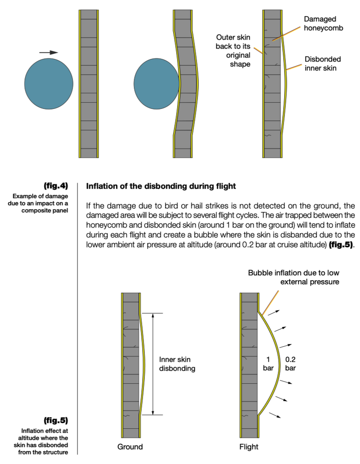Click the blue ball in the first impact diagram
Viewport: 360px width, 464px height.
[49, 84]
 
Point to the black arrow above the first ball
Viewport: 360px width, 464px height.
[49, 53]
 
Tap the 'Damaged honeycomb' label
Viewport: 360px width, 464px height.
[320, 24]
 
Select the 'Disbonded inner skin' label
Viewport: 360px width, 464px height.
[323, 63]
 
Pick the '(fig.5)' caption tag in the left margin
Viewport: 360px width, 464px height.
[56, 420]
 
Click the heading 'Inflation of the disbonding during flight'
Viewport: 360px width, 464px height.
[161, 186]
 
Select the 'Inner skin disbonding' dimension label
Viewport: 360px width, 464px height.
[177, 364]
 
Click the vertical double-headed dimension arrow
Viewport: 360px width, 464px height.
[153, 364]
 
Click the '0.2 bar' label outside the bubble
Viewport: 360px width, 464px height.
[290, 364]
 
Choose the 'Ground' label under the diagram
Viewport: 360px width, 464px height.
[130, 446]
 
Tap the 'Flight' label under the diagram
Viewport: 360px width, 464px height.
[248, 446]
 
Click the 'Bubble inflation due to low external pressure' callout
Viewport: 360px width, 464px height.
[294, 277]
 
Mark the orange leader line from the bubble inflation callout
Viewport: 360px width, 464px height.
[271, 302]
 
